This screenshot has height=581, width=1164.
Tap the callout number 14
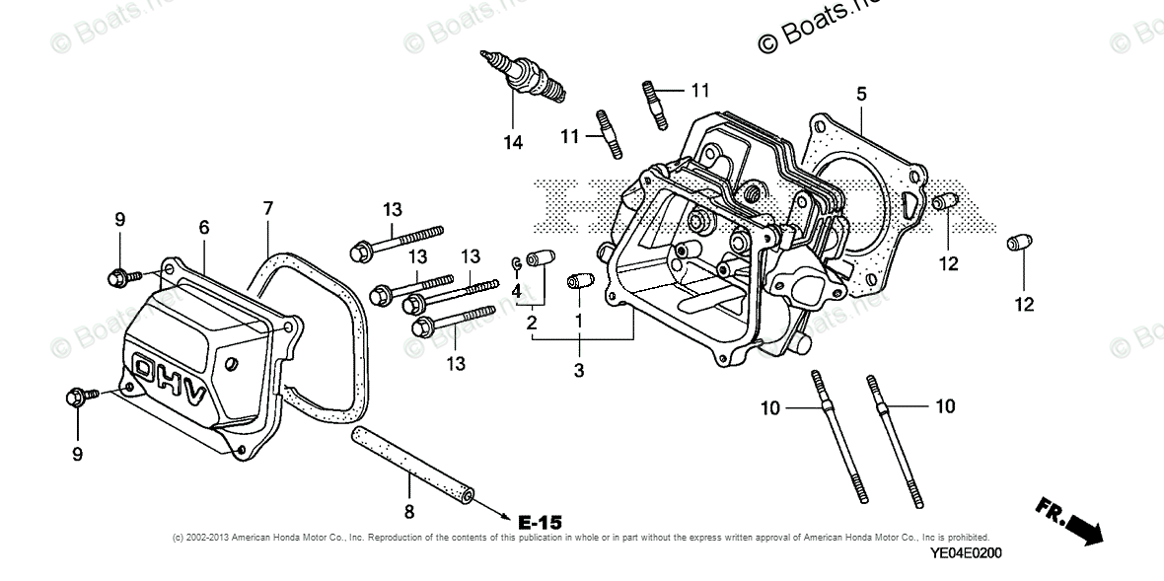pyautogui.click(x=512, y=142)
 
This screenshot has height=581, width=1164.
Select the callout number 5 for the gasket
pyautogui.click(x=861, y=94)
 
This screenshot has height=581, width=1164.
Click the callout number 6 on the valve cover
pyautogui.click(x=204, y=227)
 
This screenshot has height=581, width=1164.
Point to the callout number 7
pyautogui.click(x=267, y=208)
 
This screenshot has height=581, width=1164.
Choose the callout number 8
pyautogui.click(x=409, y=511)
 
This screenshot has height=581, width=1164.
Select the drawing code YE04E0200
pyautogui.click(x=965, y=552)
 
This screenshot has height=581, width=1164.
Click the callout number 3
pyautogui.click(x=579, y=371)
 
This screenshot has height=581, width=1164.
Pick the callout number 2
pyautogui.click(x=532, y=323)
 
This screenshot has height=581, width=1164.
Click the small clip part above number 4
pyautogui.click(x=516, y=262)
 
